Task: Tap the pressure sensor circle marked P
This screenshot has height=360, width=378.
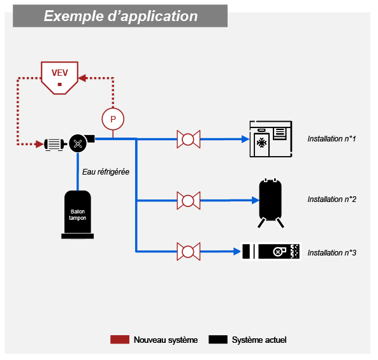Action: pyautogui.click(x=113, y=119)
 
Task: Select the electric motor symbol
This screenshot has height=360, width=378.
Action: pyautogui.click(x=55, y=145)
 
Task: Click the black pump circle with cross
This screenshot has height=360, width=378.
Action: pyautogui.click(x=78, y=144)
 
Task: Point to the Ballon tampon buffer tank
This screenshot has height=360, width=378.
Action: pyautogui.click(x=78, y=215)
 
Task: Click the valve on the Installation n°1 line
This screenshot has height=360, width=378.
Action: pyautogui.click(x=188, y=139)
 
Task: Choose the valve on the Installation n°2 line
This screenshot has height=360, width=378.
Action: pyautogui.click(x=188, y=201)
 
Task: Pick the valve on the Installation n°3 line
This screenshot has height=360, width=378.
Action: pyautogui.click(x=188, y=252)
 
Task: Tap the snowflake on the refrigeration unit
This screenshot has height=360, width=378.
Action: pyautogui.click(x=261, y=143)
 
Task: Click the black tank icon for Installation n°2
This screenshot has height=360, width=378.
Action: pyautogui.click(x=270, y=203)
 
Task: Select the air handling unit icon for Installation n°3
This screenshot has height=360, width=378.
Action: pyautogui.click(x=271, y=251)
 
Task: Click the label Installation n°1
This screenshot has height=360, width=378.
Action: pyautogui.click(x=331, y=139)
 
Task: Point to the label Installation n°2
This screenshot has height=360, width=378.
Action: pyautogui.click(x=331, y=199)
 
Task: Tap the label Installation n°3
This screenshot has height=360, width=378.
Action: pyautogui.click(x=331, y=253)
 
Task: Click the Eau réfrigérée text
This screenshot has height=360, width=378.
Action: pyautogui.click(x=106, y=172)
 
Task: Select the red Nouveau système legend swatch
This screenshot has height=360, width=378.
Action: pyautogui.click(x=120, y=339)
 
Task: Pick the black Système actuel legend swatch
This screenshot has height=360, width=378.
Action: pyautogui.click(x=218, y=339)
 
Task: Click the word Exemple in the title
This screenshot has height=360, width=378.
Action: pyautogui.click(x=74, y=16)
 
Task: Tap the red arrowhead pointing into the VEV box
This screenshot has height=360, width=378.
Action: pyautogui.click(x=82, y=78)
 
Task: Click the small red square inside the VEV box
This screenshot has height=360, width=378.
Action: pyautogui.click(x=60, y=84)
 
